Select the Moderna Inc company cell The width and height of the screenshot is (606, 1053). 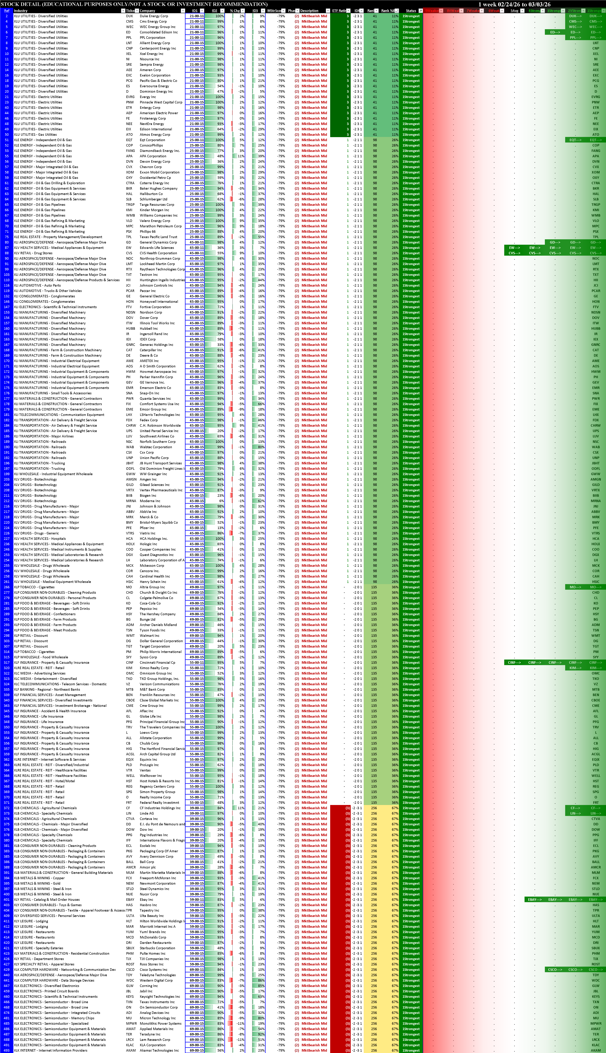pyautogui.click(x=150, y=501)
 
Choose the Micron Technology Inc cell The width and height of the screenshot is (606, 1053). pyautogui.click(x=157, y=1018)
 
